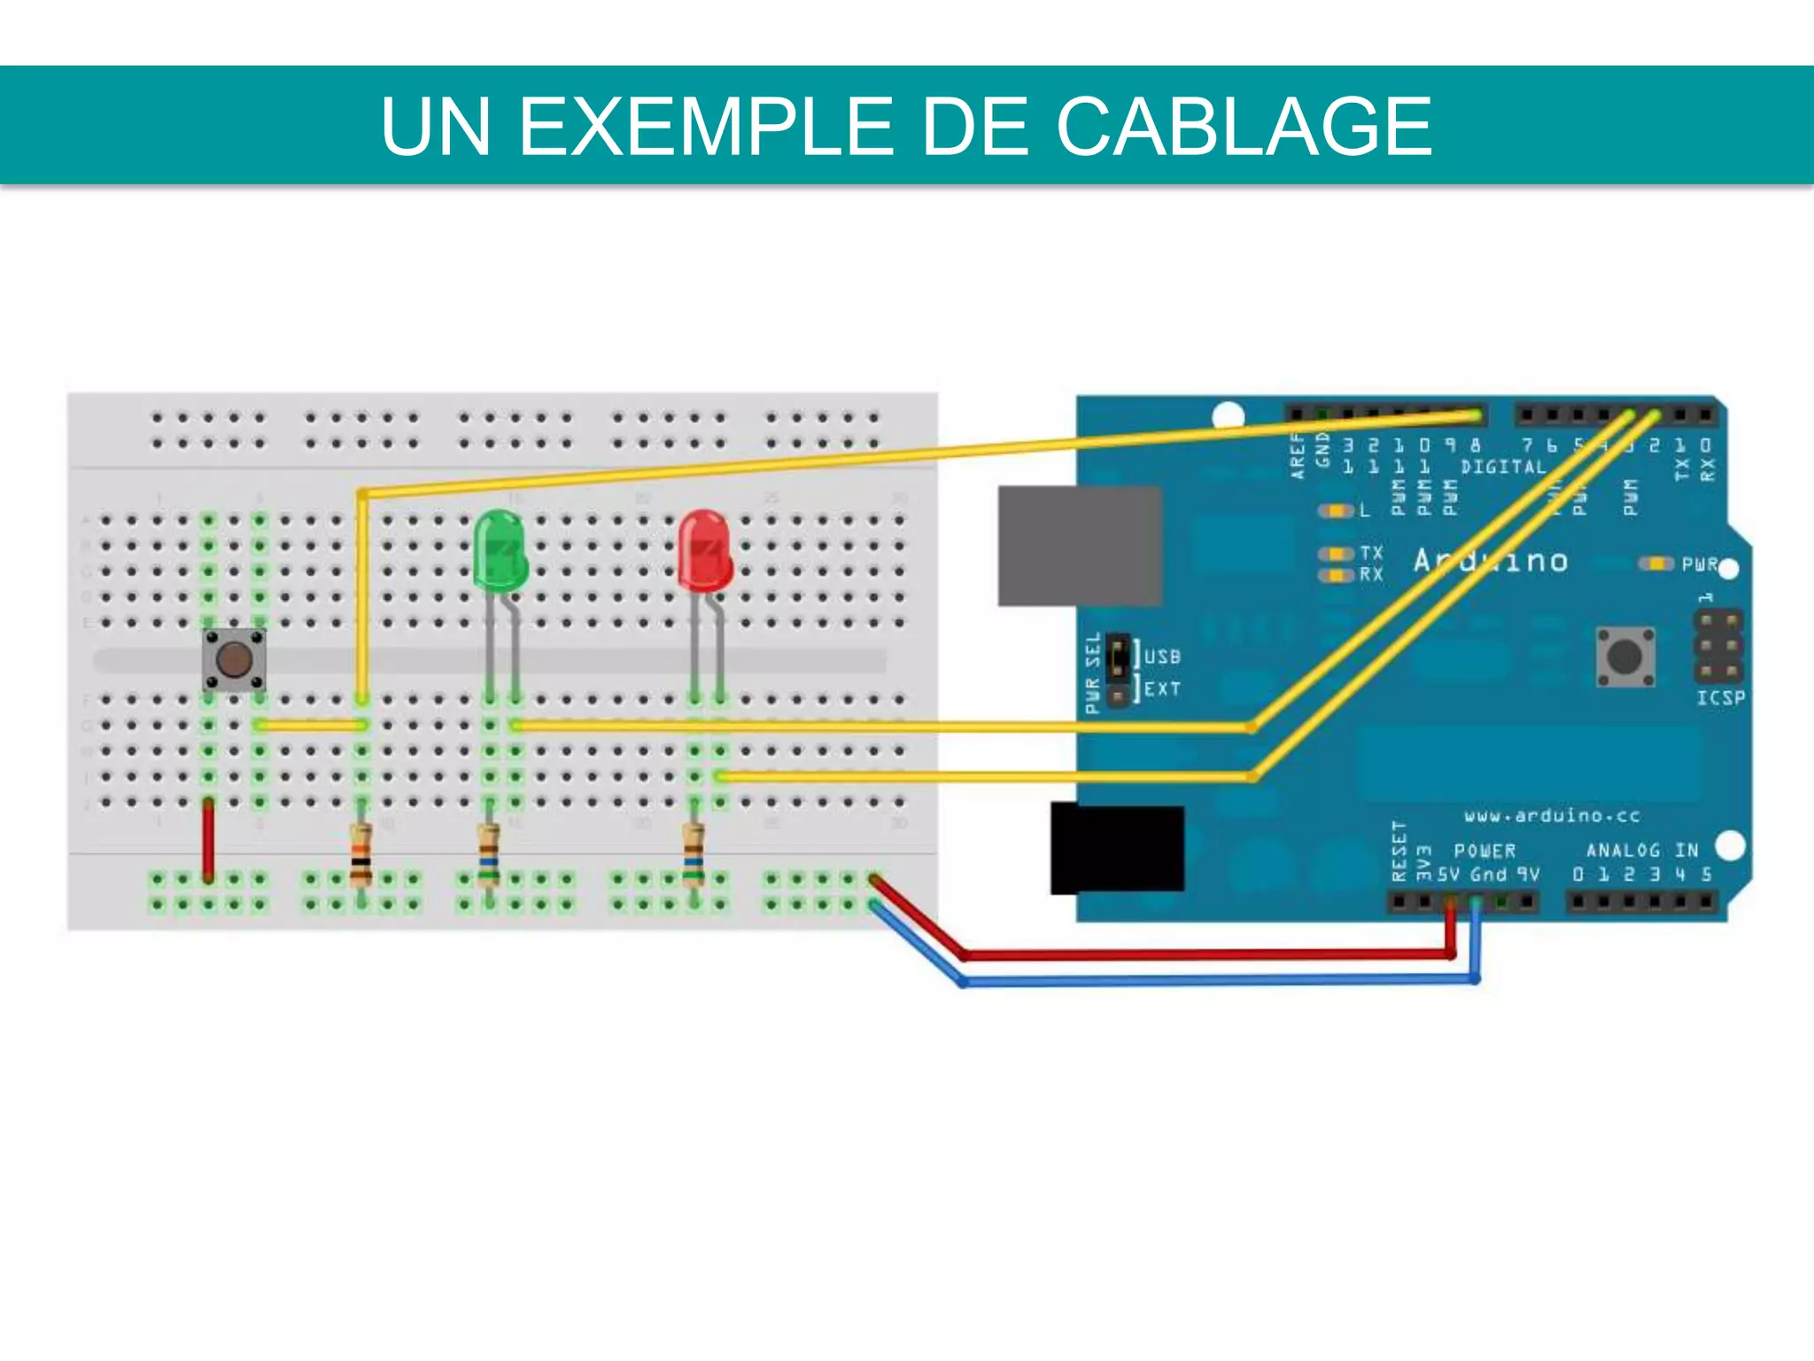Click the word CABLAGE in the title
click(x=1244, y=127)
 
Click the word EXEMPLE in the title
click(x=705, y=127)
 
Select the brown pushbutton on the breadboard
click(x=234, y=659)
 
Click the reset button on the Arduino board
click(x=1624, y=657)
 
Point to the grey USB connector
click(x=1079, y=546)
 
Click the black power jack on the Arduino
click(x=1117, y=848)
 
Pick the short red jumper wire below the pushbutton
click(x=208, y=839)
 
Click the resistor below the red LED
click(x=694, y=854)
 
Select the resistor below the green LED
click(x=489, y=854)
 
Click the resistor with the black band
click(x=360, y=854)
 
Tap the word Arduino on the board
click(x=1491, y=561)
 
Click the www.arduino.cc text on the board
click(x=1551, y=815)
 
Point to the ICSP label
click(x=1720, y=698)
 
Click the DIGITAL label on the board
click(x=1503, y=467)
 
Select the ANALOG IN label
click(x=1641, y=851)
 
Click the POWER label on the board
click(x=1485, y=851)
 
